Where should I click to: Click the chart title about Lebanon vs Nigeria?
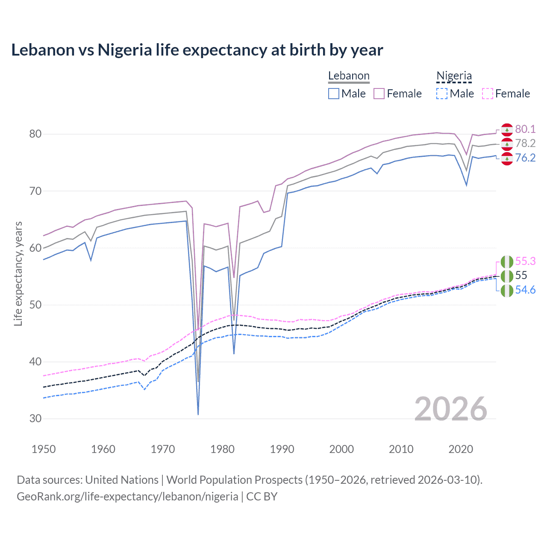tap(197, 50)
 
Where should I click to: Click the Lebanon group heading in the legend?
tap(349, 76)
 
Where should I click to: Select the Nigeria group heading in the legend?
tap(454, 76)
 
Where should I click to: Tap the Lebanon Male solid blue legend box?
tap(334, 94)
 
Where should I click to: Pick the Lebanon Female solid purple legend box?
tap(379, 94)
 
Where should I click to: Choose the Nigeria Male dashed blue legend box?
tap(442, 94)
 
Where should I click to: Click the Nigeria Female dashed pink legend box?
tap(488, 94)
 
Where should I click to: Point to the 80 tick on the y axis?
tap(35, 134)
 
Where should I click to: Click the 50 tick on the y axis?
tap(35, 305)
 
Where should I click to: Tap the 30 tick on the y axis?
tap(35, 418)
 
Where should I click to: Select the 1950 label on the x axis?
tap(44, 449)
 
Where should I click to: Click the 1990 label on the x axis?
tap(282, 449)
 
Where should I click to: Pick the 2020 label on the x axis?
tap(461, 449)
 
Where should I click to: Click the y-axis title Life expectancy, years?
tap(18, 273)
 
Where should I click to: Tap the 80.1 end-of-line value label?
tap(525, 129)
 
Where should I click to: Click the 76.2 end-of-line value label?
tap(525, 158)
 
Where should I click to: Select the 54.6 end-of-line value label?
tap(525, 290)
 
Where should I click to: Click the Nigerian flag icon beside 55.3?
tap(507, 261)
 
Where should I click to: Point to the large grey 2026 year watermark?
tap(451, 409)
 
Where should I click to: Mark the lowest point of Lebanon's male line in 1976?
tap(198, 414)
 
